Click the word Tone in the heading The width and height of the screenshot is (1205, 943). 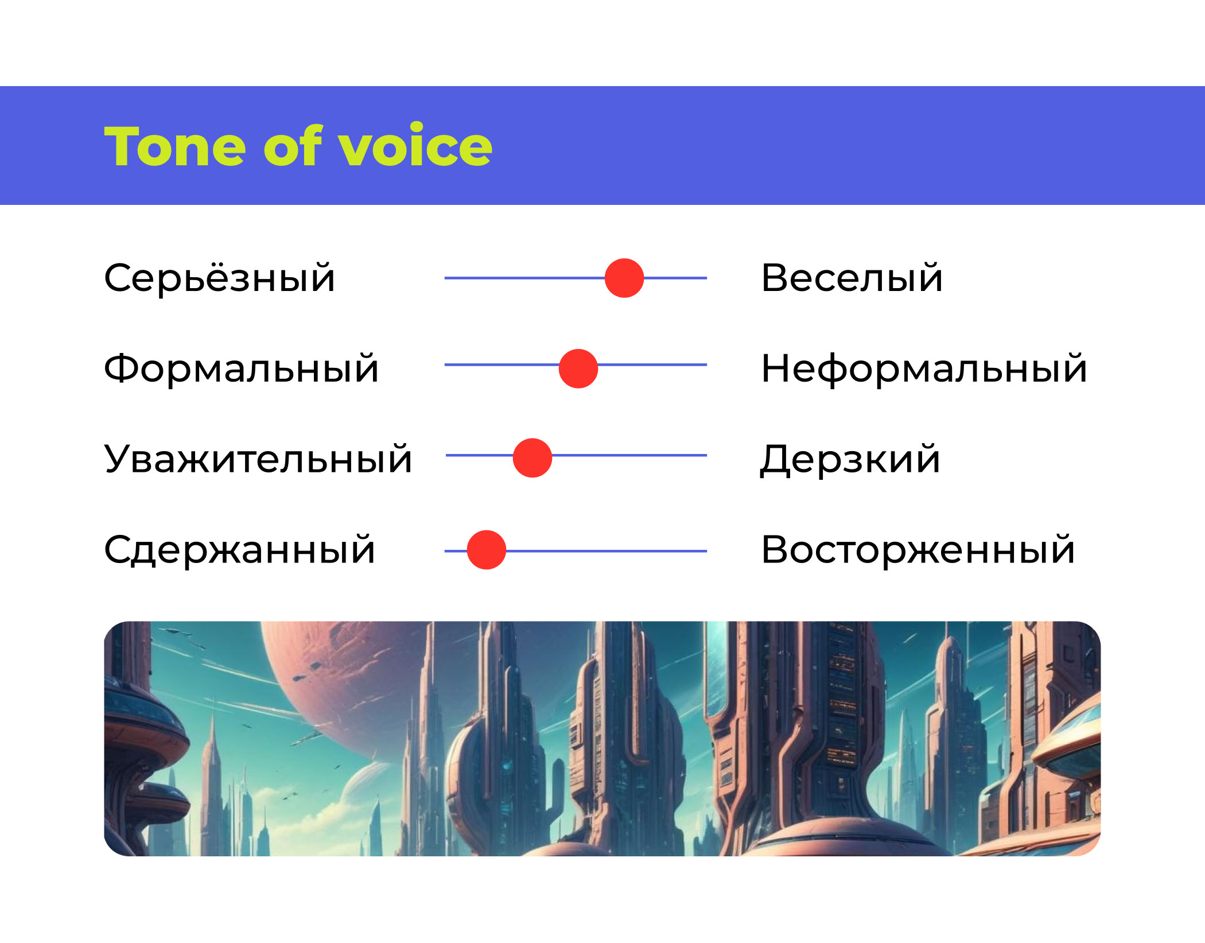pyautogui.click(x=175, y=146)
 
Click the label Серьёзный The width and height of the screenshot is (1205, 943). pyautogui.click(x=219, y=278)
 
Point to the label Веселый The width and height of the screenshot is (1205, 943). pyautogui.click(x=852, y=278)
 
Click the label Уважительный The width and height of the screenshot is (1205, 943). pyautogui.click(x=258, y=459)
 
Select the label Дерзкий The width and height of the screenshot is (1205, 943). pyautogui.click(x=850, y=459)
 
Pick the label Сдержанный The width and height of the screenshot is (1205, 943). pyautogui.click(x=240, y=549)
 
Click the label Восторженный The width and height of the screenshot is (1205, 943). pyautogui.click(x=918, y=549)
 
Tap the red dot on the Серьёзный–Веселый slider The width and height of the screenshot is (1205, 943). pyautogui.click(x=624, y=278)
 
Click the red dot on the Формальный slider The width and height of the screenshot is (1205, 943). pyautogui.click(x=578, y=368)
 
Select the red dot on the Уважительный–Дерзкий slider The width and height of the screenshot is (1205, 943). pyautogui.click(x=532, y=458)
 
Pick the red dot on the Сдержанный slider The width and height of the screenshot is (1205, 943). pyautogui.click(x=487, y=550)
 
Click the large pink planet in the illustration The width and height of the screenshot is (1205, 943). pyautogui.click(x=344, y=689)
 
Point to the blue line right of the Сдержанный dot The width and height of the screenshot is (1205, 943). pyautogui.click(x=607, y=551)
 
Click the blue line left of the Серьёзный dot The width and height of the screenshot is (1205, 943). pyautogui.click(x=524, y=278)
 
